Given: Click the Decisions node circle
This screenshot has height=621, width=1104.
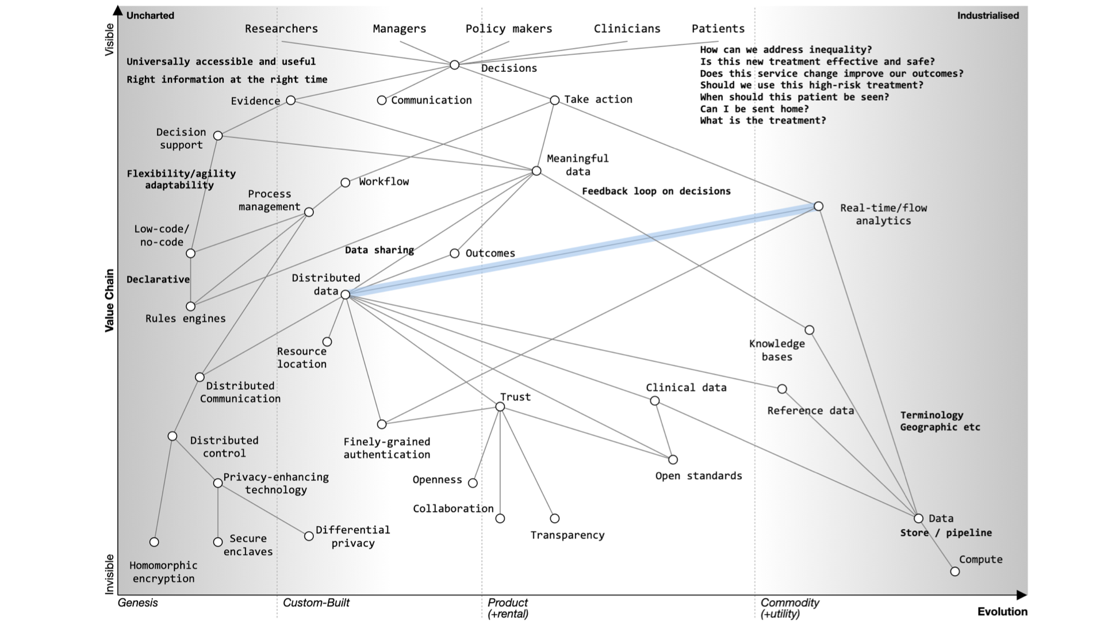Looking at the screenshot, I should (454, 65).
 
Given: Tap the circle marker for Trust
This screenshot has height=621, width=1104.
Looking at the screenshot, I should (500, 407).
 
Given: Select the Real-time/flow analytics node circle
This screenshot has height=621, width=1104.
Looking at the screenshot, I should (818, 206).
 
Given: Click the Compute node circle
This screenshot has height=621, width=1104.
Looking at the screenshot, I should (954, 572).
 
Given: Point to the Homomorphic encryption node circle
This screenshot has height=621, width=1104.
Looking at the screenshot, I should (154, 542).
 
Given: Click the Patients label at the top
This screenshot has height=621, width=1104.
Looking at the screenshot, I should (718, 29).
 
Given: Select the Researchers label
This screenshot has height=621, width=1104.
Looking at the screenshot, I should (281, 29).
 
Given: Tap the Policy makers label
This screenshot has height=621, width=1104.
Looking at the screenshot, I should (508, 29).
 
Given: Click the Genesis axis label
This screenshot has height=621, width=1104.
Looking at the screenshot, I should (137, 603).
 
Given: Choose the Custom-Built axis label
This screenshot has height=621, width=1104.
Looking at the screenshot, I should (316, 603).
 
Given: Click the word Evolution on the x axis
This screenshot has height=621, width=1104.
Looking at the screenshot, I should (1002, 612).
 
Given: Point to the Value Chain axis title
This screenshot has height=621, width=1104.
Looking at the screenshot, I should (109, 300).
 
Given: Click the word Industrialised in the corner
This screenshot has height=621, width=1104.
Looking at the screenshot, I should (987, 16).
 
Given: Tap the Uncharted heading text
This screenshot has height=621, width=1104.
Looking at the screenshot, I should (150, 16).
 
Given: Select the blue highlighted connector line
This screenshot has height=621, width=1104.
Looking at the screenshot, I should (581, 251).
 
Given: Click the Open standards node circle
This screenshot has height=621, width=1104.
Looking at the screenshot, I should (673, 459).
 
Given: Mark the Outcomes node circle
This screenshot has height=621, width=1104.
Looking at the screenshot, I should (454, 254).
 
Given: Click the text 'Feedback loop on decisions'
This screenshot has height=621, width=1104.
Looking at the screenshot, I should (656, 191).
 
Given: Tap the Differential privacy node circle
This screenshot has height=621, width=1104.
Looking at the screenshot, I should (309, 536).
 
